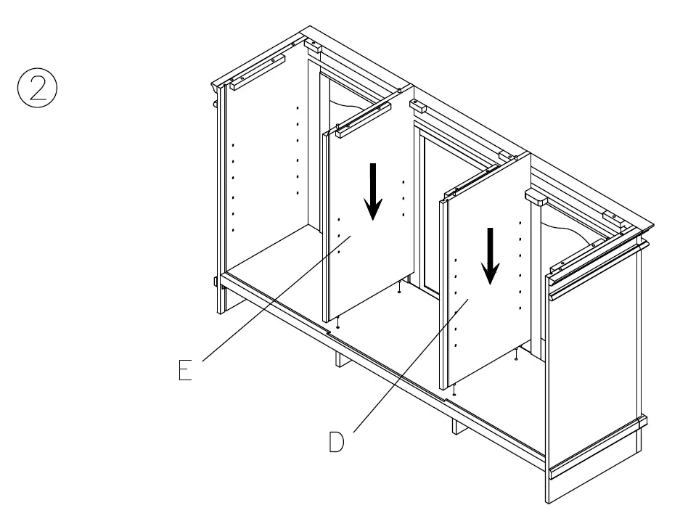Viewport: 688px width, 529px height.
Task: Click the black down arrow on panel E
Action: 373,191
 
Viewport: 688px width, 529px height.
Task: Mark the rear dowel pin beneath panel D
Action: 515,353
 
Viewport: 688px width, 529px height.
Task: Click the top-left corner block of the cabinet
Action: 313,46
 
